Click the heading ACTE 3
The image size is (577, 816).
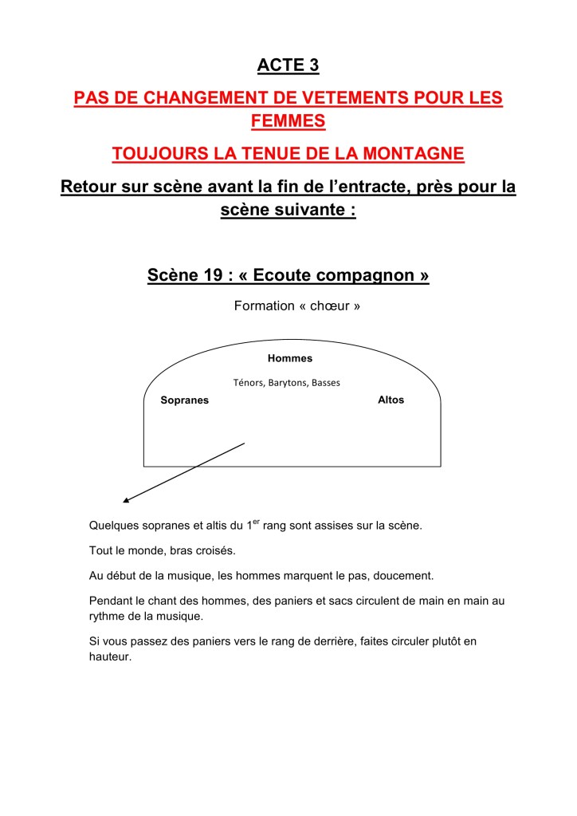288,65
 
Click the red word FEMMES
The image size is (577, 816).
288,121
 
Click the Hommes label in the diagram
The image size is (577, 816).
290,358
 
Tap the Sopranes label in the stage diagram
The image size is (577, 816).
185,400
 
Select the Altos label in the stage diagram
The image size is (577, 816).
391,400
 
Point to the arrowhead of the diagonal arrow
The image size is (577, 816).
126,502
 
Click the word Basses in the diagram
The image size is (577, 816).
326,383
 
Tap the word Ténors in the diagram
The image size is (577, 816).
249,383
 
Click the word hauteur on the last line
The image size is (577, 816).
109,657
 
